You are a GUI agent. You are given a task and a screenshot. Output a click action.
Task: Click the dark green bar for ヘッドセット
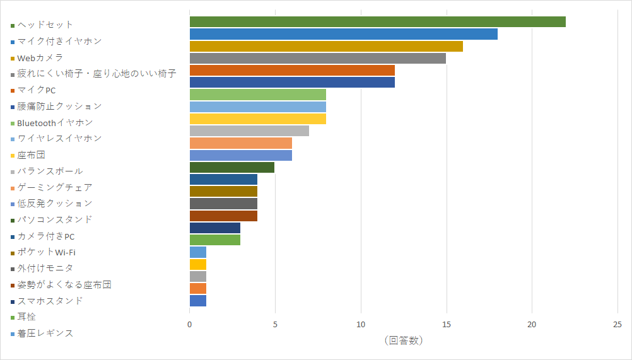pos(377,22)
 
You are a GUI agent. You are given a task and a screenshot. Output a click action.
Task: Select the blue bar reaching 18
pos(343,34)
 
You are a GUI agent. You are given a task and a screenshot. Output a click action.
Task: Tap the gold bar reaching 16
pos(326,46)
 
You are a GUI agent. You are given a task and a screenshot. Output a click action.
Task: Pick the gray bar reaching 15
pos(317,58)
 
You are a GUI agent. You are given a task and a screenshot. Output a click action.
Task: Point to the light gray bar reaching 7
pos(249,131)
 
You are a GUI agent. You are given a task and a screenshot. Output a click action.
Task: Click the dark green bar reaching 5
pos(232,167)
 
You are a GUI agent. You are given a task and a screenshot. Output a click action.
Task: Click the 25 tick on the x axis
pos(617,325)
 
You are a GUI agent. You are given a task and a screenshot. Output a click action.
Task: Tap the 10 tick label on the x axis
pos(361,325)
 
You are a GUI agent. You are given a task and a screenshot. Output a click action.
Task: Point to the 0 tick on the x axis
pos(190,325)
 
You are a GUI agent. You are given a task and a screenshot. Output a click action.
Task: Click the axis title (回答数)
pos(403,340)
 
